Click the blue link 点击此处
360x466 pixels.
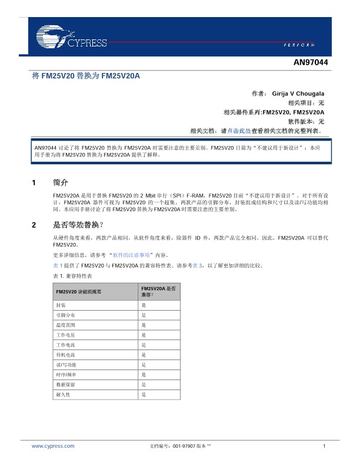point(239,131)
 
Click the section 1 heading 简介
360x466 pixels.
point(61,182)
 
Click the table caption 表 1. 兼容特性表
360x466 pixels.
point(73,275)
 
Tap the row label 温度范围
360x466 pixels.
point(65,325)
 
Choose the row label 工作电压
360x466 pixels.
point(65,334)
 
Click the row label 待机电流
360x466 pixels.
point(65,355)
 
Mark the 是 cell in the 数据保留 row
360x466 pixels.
point(144,384)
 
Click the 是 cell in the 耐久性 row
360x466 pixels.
point(144,394)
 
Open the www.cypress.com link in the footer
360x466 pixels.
point(53,447)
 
